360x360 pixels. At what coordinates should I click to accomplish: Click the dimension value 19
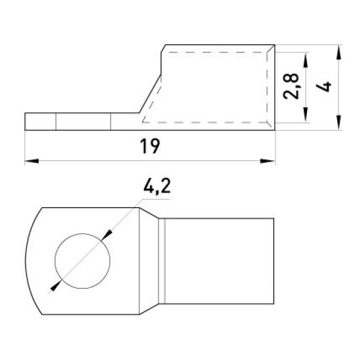[x=150, y=146]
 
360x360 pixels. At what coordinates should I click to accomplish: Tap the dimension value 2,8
[x=291, y=86]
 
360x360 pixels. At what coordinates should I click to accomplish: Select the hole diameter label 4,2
[x=157, y=186]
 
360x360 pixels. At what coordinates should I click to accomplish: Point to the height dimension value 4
[x=323, y=87]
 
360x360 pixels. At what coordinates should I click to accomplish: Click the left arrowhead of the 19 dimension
[x=31, y=161]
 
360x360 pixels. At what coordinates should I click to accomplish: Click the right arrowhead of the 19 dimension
[x=267, y=161]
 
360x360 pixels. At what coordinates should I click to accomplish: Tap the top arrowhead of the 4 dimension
[x=338, y=52]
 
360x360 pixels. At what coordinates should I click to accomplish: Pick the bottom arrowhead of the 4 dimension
[x=338, y=123]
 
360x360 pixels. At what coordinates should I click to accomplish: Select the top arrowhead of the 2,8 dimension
[x=306, y=60]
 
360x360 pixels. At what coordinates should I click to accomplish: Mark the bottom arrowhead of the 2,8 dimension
[x=306, y=115]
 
